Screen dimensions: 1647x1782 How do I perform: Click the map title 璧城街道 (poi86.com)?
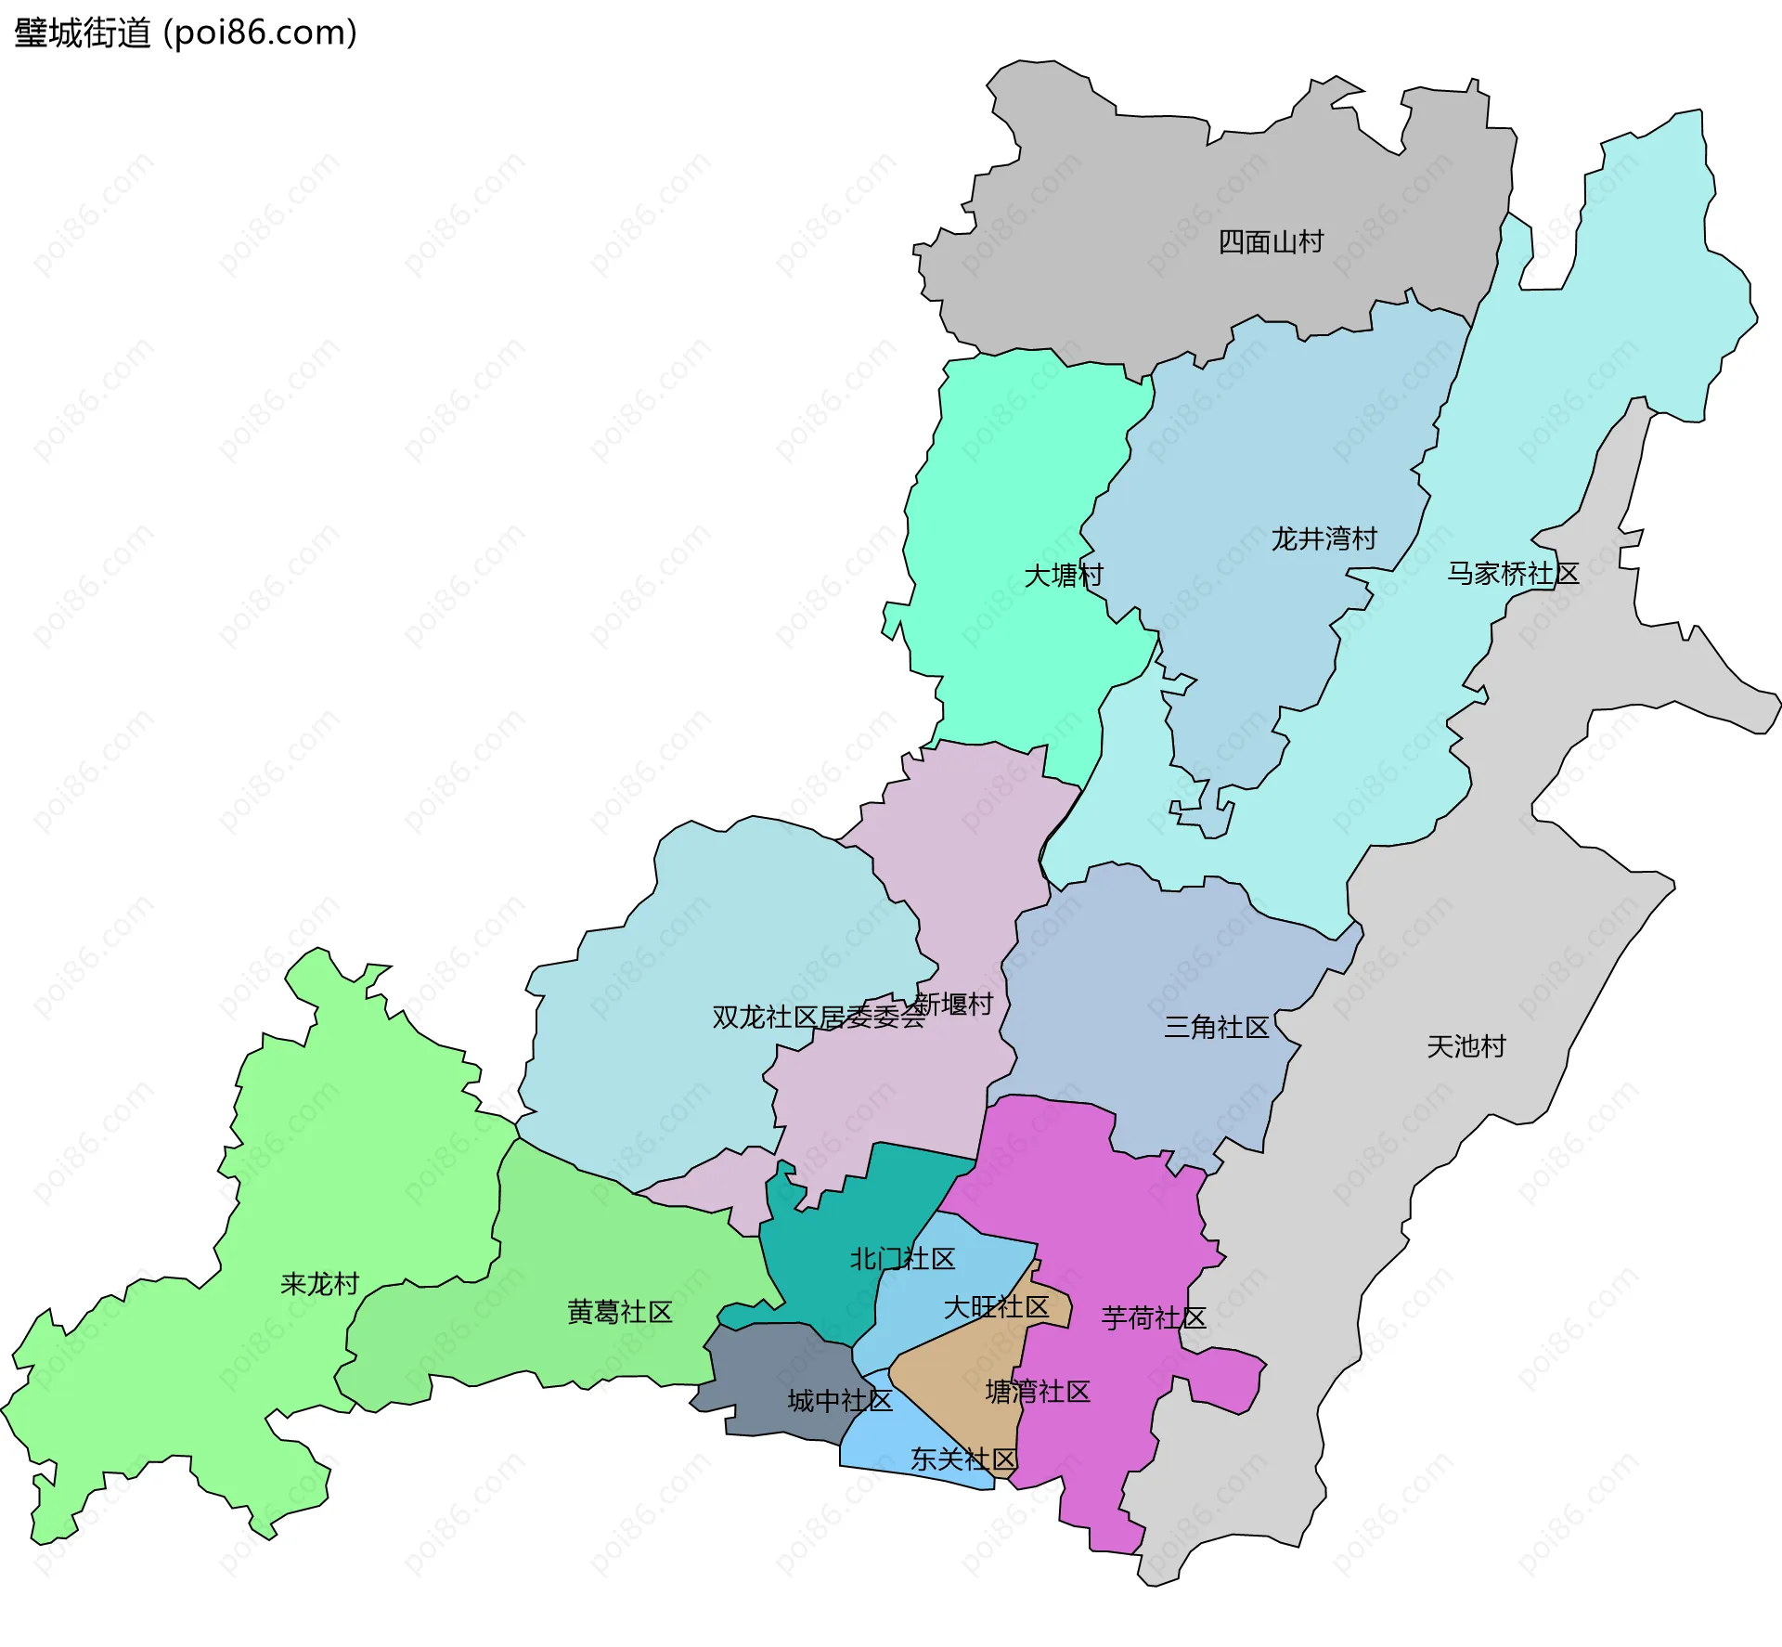186,33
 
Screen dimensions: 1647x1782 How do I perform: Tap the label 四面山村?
1271,242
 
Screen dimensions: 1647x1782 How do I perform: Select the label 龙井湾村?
1324,538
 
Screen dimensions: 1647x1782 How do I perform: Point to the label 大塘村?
1064,576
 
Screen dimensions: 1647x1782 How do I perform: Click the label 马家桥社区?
1513,574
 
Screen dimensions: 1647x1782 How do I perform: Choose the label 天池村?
1466,1047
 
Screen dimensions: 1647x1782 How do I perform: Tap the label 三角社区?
1216,1027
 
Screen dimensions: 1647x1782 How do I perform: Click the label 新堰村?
955,1004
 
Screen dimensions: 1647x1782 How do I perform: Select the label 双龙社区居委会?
819,1018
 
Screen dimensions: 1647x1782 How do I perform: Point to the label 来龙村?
319,1284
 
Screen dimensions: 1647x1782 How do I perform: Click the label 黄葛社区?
619,1312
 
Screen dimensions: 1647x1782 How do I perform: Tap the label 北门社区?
902,1259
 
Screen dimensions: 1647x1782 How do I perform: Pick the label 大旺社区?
996,1307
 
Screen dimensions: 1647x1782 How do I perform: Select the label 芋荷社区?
1154,1318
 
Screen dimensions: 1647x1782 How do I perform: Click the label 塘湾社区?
1038,1392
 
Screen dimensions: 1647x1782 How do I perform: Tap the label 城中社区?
840,1401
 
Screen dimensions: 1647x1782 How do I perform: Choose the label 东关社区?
963,1459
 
